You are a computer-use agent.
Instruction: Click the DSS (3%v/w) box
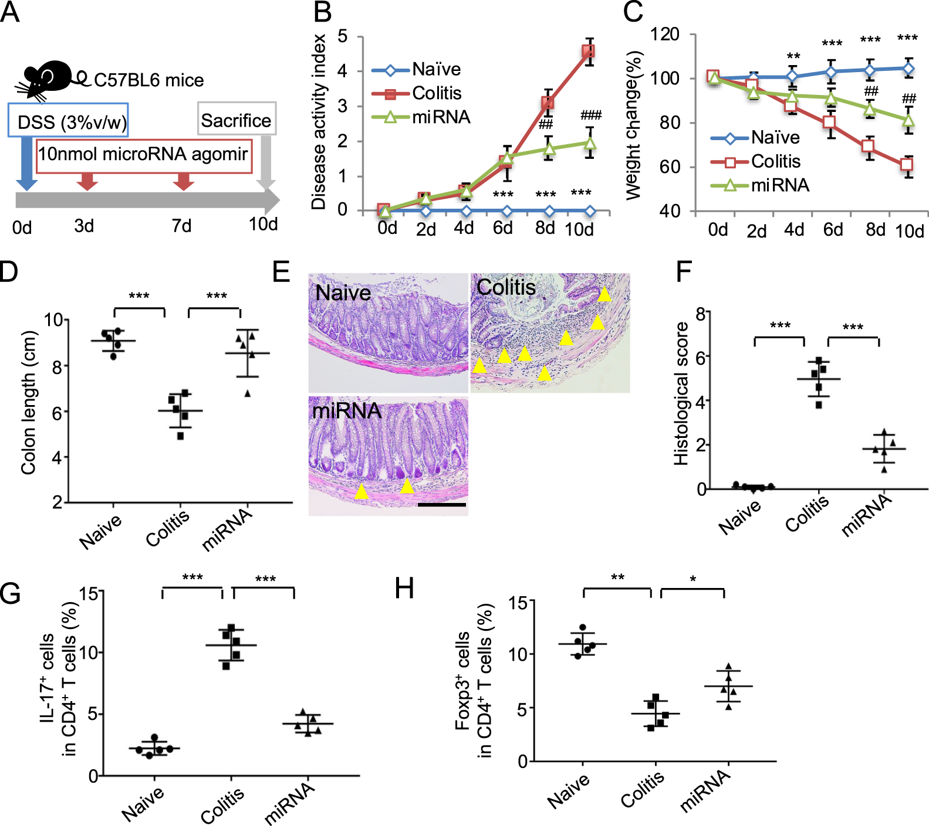[68, 121]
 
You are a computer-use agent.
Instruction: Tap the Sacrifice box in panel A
[236, 120]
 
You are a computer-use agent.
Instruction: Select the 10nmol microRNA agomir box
[144, 155]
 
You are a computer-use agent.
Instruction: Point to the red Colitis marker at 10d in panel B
[587, 52]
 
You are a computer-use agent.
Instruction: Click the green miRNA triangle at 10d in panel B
[590, 143]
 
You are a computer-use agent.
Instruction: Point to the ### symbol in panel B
[590, 115]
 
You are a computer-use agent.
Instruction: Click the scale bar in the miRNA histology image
[441, 504]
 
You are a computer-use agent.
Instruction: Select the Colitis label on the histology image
[506, 287]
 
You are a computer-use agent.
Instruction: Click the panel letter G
[10, 593]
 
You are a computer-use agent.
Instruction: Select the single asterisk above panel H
[693, 579]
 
